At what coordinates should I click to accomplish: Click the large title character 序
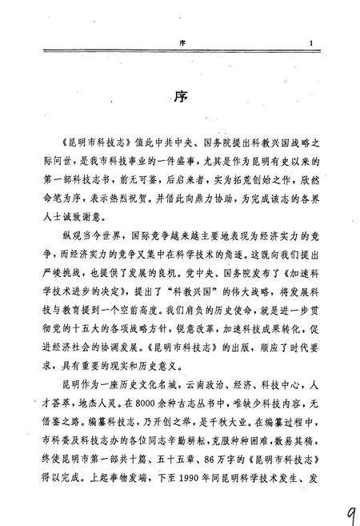point(179,98)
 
